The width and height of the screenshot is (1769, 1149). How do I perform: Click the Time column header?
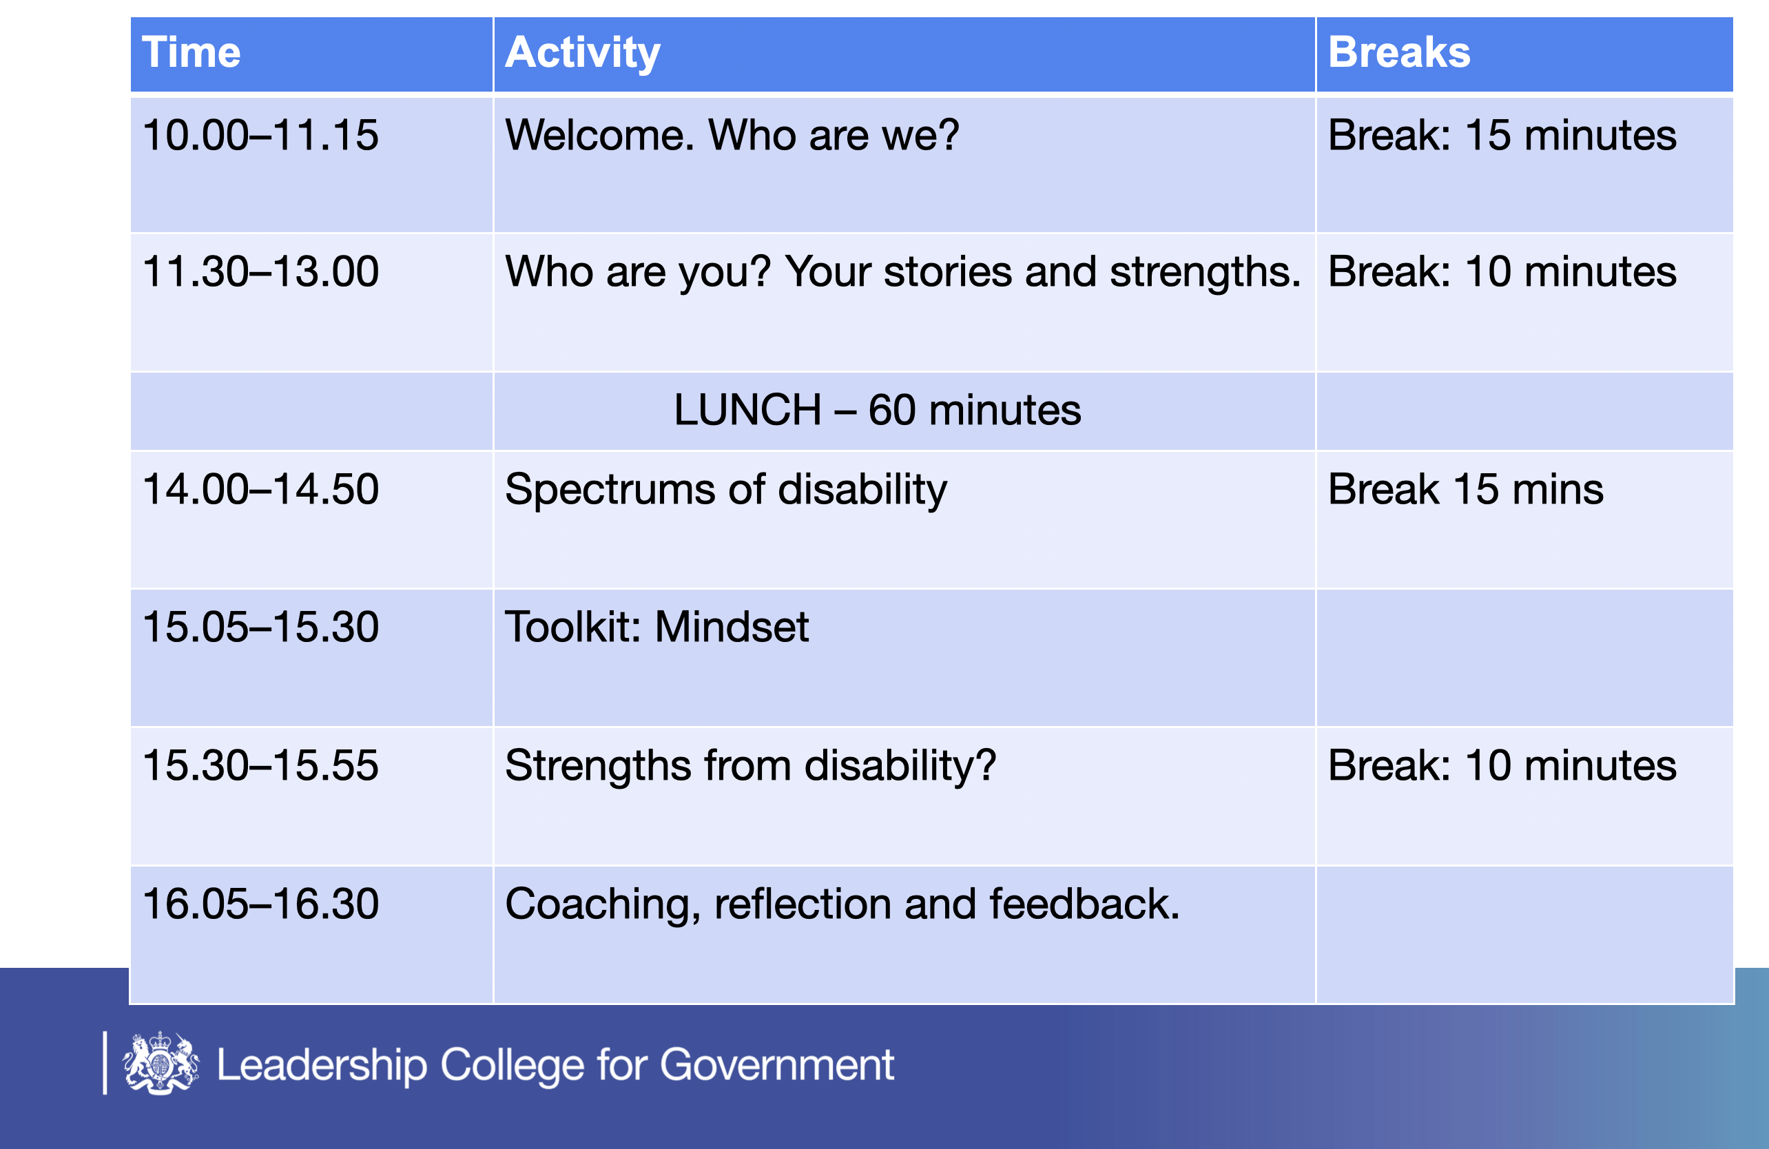pos(191,52)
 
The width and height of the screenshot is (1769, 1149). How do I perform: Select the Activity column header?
pos(582,54)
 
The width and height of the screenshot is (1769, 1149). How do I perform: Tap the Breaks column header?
pos(1399,52)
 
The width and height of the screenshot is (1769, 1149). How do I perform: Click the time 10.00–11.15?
pos(260,135)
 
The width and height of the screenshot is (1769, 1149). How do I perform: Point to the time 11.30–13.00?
pos(260,271)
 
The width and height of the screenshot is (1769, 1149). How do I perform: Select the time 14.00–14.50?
pos(260,489)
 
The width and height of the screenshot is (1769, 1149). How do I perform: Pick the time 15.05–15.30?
pos(260,627)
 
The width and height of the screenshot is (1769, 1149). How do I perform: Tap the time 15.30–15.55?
pos(260,765)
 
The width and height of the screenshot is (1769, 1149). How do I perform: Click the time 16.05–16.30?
pos(260,904)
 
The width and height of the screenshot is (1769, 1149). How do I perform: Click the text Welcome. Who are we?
pos(732,135)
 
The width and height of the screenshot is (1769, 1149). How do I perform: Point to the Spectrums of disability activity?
pos(725,490)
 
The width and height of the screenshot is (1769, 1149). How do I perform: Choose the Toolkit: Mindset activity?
pos(656,627)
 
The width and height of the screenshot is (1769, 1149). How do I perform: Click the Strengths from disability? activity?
pos(750,766)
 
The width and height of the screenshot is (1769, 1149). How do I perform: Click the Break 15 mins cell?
pos(1465,489)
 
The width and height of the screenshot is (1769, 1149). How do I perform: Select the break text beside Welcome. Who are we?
pos(1502,135)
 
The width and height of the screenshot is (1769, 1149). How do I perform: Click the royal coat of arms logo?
pos(161,1063)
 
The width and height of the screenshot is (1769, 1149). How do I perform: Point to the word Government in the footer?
pos(777,1065)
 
